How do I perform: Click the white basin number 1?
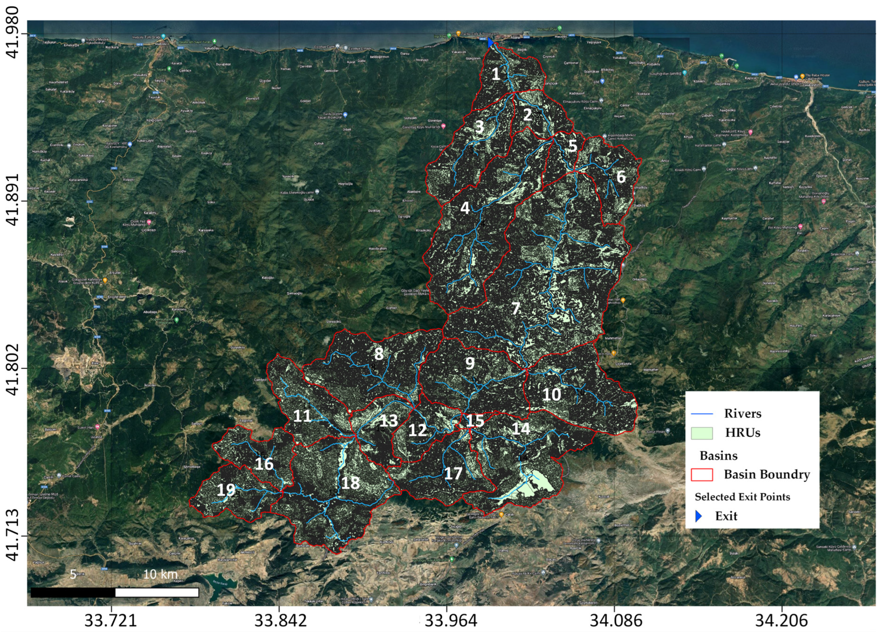tap(496, 74)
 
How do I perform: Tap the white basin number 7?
tap(516, 308)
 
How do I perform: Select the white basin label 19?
tap(226, 490)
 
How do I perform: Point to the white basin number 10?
tap(551, 395)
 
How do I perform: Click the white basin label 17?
tap(453, 473)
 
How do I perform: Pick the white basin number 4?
tap(465, 208)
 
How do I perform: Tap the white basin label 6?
tap(621, 177)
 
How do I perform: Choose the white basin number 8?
tap(379, 354)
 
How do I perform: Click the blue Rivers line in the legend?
tap(702, 414)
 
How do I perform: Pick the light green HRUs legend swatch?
tap(702, 433)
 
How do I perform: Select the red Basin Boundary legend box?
tap(702, 474)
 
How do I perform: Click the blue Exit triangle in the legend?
tap(699, 516)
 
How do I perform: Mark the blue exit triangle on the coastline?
tap(490, 42)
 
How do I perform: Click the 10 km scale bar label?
tap(160, 574)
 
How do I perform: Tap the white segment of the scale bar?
tap(157, 593)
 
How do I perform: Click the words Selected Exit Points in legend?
tap(742, 497)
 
